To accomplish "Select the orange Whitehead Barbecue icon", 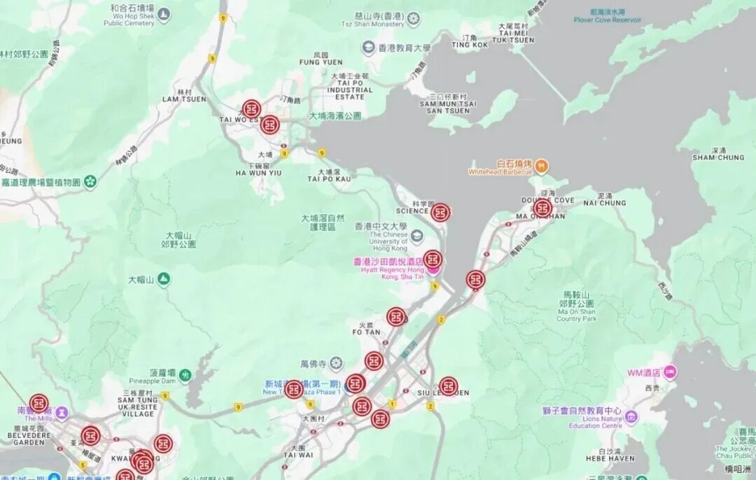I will pyautogui.click(x=542, y=167).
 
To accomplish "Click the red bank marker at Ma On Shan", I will pyautogui.click(x=542, y=209).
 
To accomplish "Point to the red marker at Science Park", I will pyautogui.click(x=440, y=213).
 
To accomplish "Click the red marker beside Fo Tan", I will pyautogui.click(x=396, y=317).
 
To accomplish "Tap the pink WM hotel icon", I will pyautogui.click(x=671, y=371).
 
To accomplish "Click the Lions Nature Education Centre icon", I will pyautogui.click(x=631, y=418).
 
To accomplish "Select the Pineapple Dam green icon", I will pyautogui.click(x=185, y=376).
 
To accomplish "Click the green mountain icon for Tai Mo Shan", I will pyautogui.click(x=163, y=280).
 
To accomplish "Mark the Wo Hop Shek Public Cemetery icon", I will pyautogui.click(x=164, y=13).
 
